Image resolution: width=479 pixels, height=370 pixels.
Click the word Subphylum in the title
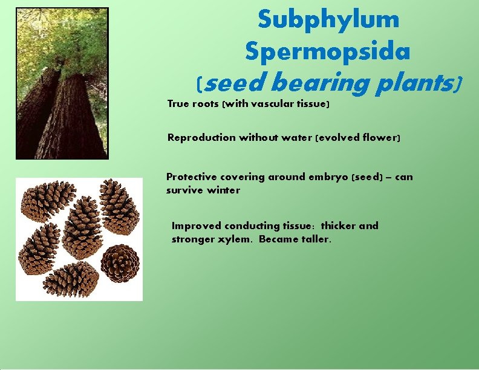coord(328,19)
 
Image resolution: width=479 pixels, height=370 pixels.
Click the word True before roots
coord(178,104)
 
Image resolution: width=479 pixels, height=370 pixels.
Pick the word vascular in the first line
coord(268,104)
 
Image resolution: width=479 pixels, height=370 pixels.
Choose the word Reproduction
coord(201,138)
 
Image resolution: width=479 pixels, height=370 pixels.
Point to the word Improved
coord(197,226)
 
